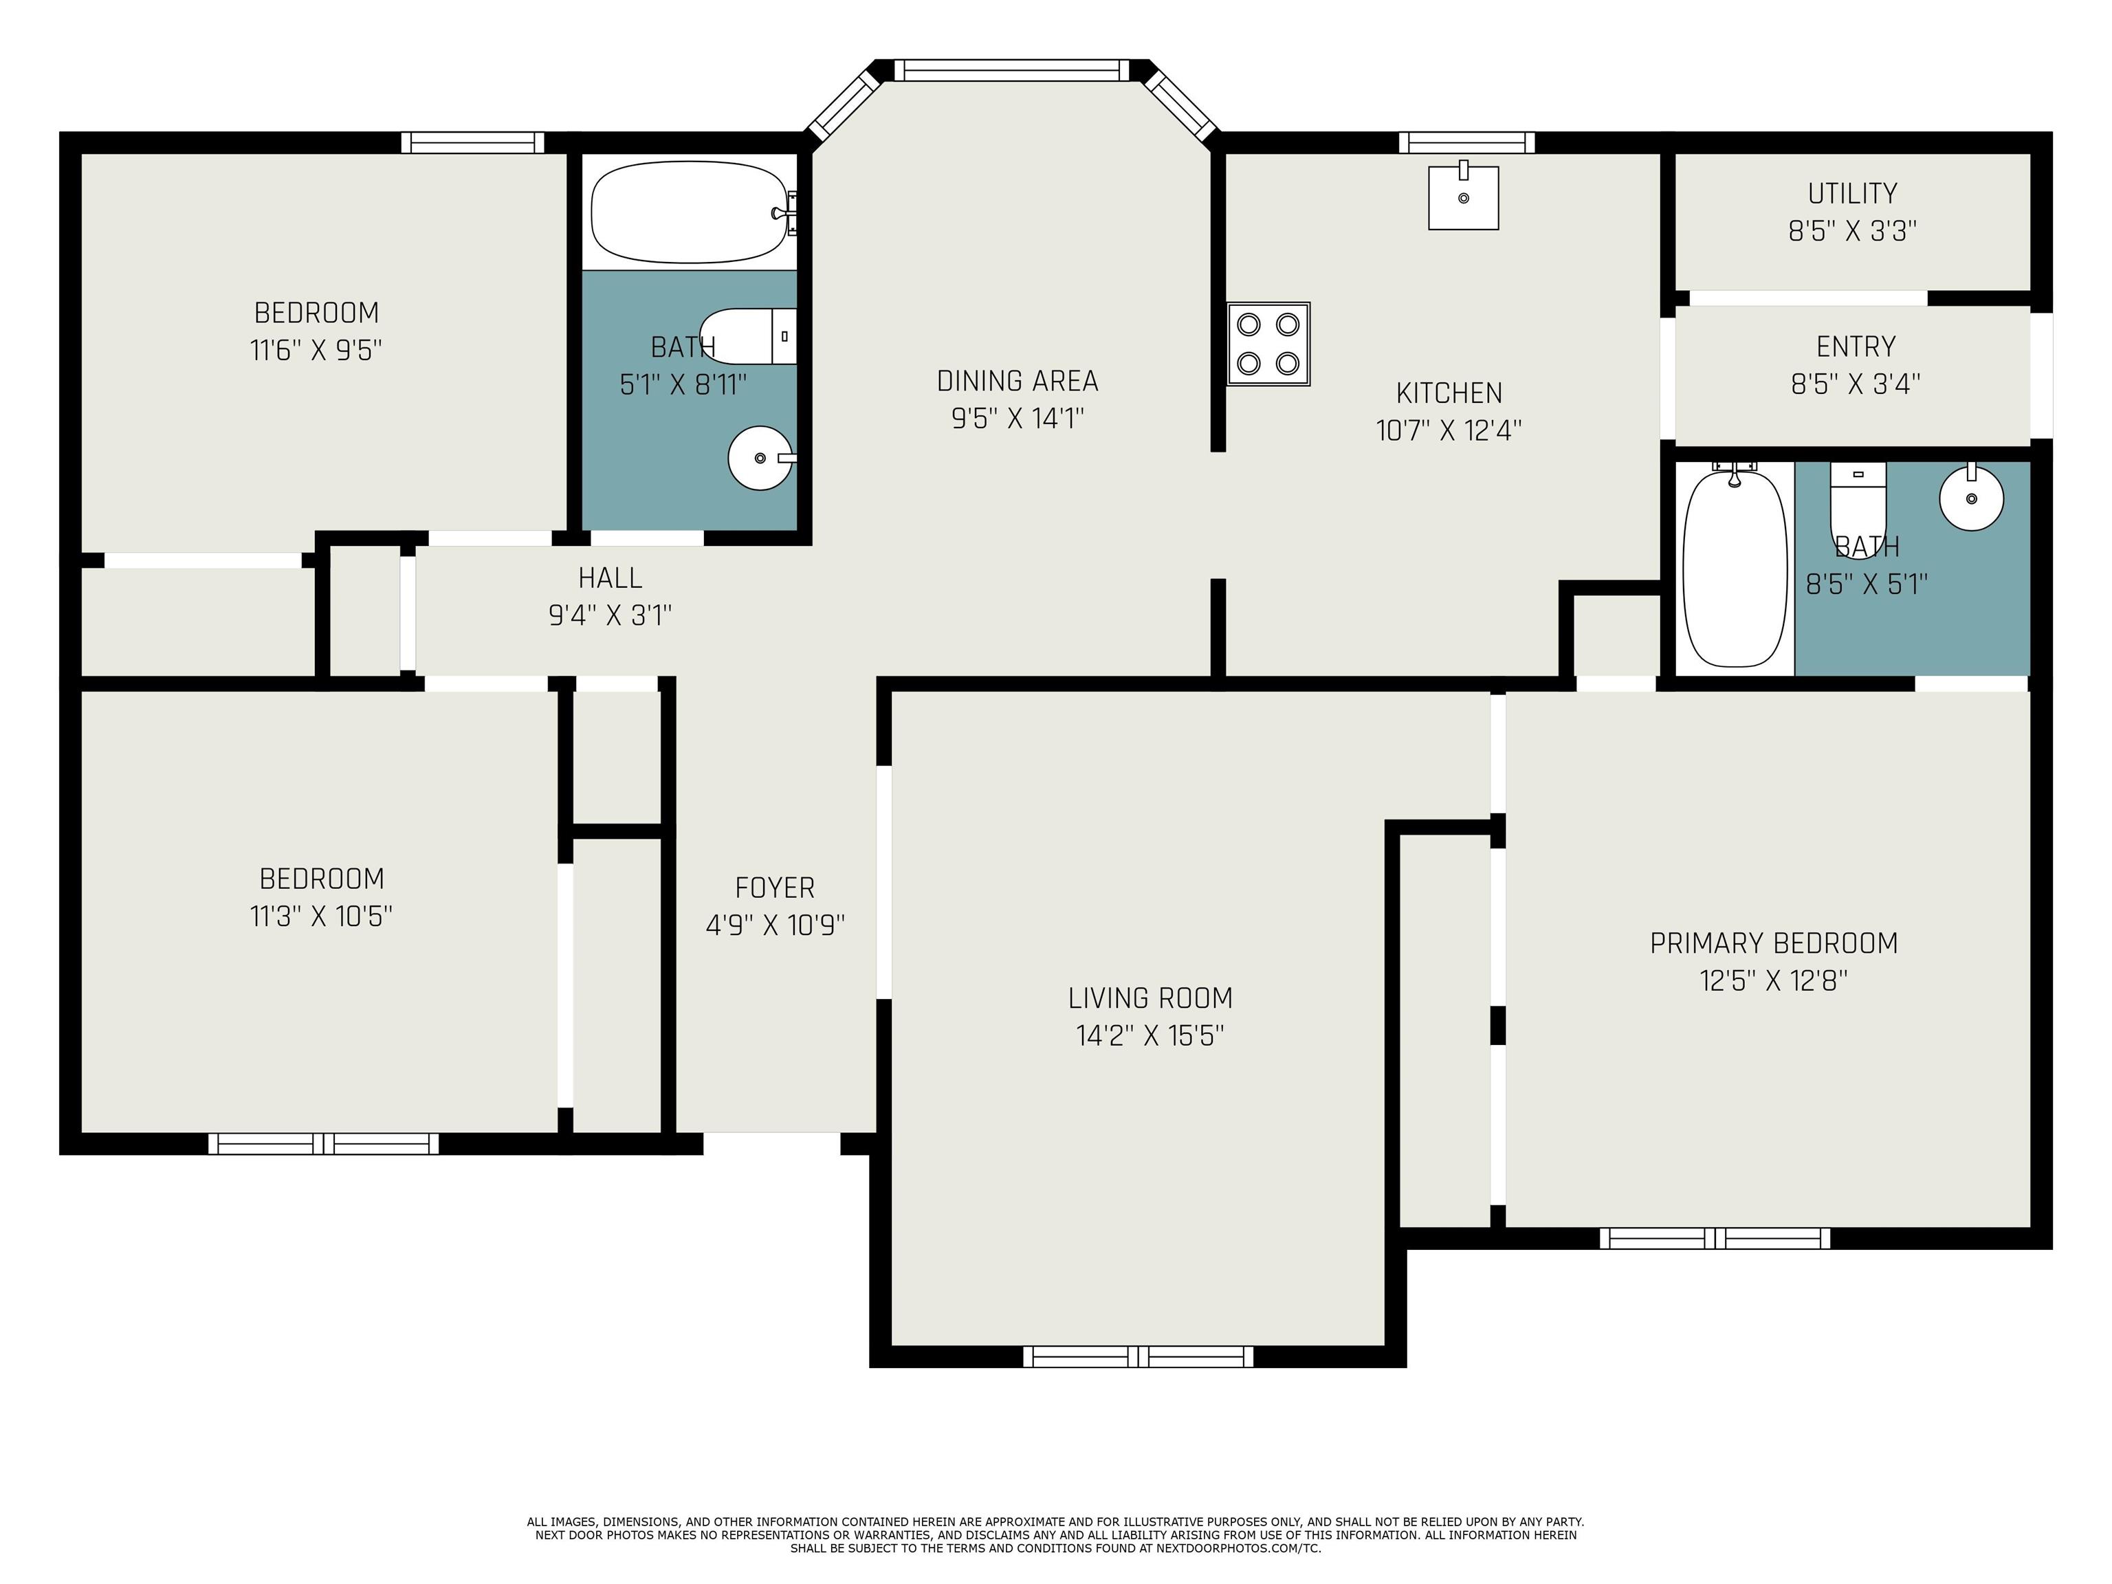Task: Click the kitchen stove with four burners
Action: click(x=1268, y=344)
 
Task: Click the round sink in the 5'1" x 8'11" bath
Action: click(x=761, y=459)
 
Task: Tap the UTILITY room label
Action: click(x=1852, y=194)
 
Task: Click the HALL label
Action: click(x=610, y=577)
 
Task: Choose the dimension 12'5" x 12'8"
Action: click(x=1774, y=980)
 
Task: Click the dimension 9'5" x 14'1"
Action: click(x=1017, y=418)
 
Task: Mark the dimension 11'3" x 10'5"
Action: click(x=321, y=916)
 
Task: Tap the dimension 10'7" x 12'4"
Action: click(x=1449, y=430)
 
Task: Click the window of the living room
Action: click(x=1138, y=1356)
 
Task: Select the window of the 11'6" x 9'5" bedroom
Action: click(x=472, y=142)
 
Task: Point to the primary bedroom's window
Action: click(x=1715, y=1238)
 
